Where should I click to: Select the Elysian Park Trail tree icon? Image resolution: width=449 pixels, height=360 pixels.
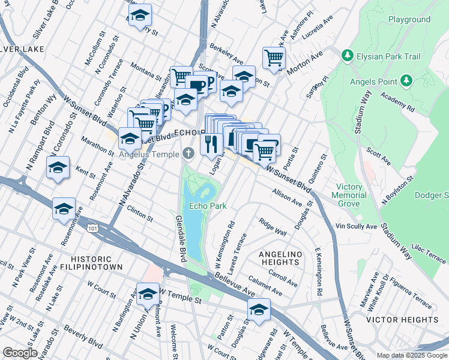pos(346,56)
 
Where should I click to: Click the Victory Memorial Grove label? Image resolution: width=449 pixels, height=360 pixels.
pos(351,195)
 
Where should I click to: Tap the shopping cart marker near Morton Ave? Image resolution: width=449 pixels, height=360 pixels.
pos(274,58)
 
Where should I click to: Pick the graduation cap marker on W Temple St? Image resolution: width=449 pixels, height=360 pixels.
pos(147,293)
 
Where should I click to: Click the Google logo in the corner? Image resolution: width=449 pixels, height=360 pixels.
pos(20,353)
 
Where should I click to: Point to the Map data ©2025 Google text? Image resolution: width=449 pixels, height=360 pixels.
pos(412,355)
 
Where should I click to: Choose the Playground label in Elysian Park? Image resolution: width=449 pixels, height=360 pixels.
pos(409,19)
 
